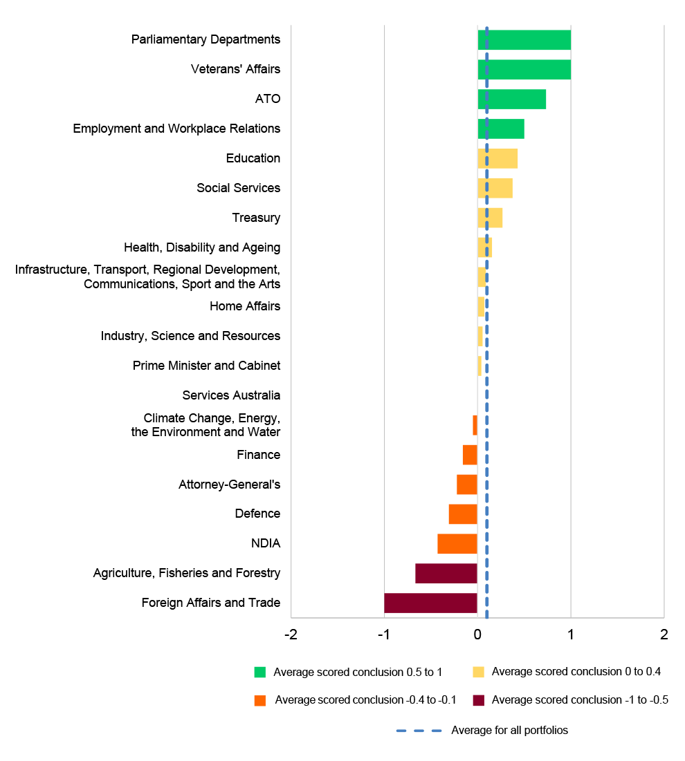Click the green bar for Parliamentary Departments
coord(524,40)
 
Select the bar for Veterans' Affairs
coord(524,70)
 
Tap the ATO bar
coord(512,100)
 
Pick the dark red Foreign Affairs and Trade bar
coord(430,603)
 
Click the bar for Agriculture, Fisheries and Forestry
coord(446,574)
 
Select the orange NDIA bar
coord(457,544)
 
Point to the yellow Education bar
coord(497,158)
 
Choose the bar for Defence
coord(463,514)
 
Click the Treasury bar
coord(490,218)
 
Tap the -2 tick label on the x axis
coord(291,634)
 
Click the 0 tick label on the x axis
coord(477,634)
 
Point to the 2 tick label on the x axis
coord(664,634)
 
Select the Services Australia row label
coord(231,395)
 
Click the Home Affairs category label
coord(245,306)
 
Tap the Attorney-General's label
coord(229,485)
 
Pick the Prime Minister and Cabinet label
coord(206,366)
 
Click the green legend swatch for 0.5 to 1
coord(260,672)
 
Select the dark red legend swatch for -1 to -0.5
coord(478,700)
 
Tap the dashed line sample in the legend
coord(419,731)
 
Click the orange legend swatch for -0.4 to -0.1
coord(260,700)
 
